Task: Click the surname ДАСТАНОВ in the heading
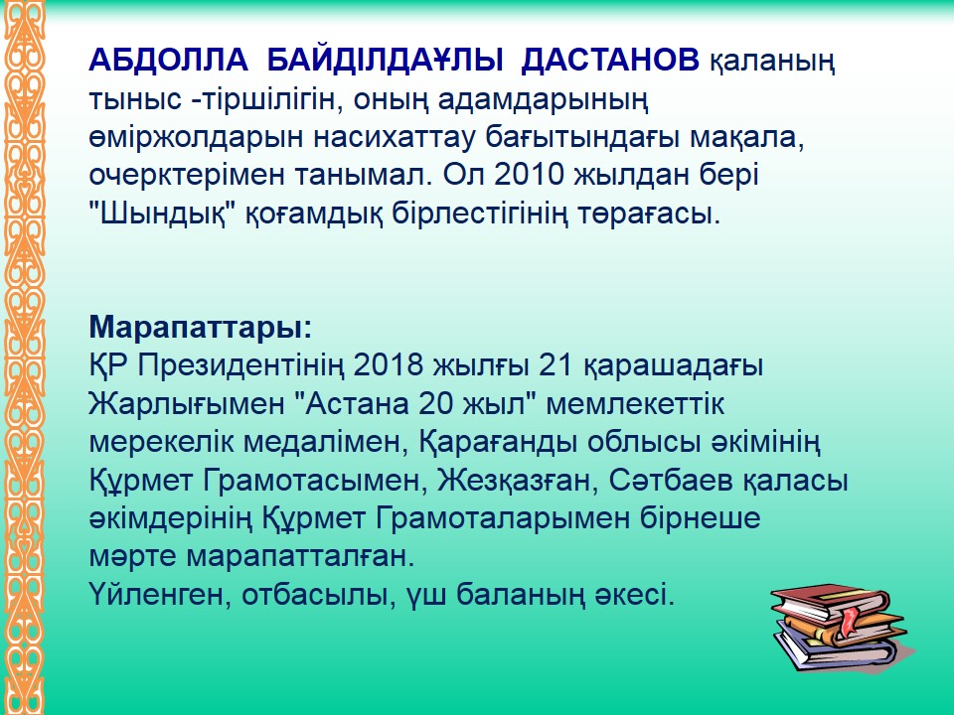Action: [610, 60]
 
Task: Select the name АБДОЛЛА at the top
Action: [169, 60]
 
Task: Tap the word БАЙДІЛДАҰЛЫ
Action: [386, 60]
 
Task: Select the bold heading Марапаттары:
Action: [200, 329]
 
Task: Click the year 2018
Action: [389, 365]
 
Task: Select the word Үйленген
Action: [160, 595]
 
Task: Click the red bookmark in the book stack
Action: [848, 619]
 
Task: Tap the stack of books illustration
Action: [843, 629]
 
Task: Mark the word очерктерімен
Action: [188, 176]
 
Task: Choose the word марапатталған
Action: [299, 557]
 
